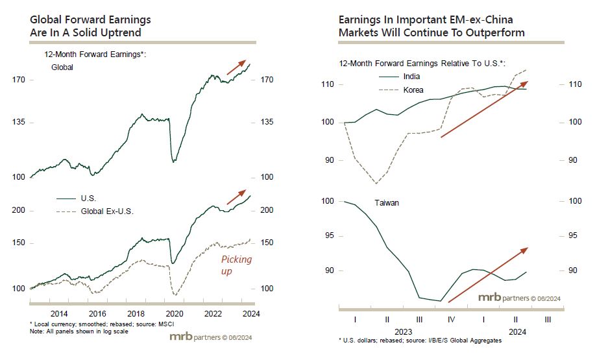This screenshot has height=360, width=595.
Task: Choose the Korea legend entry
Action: (x=413, y=90)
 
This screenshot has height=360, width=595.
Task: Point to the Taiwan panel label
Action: (x=387, y=203)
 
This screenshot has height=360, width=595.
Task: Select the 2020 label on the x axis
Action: (x=174, y=313)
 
